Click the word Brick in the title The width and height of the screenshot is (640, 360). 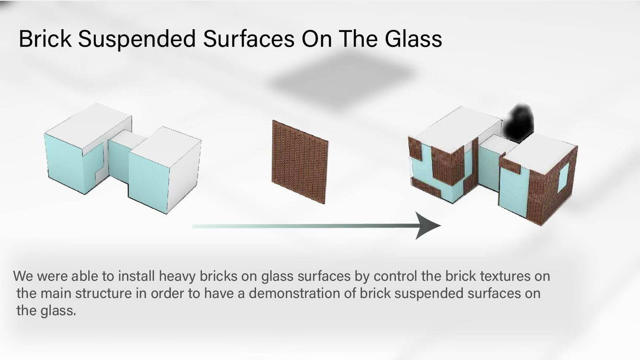[x=45, y=38]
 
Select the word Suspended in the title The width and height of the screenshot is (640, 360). [x=137, y=39]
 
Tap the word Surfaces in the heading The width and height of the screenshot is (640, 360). [x=248, y=38]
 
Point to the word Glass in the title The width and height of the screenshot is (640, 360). [x=413, y=38]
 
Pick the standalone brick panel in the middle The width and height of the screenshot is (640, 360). [x=300, y=162]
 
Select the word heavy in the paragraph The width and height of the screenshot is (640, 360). [x=177, y=277]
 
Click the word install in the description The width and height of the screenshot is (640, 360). [x=137, y=276]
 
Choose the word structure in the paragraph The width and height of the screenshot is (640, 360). [x=103, y=293]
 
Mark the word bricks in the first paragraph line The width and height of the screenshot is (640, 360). [x=218, y=276]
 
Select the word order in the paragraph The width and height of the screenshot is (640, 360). [x=167, y=293]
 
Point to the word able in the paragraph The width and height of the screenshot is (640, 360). [x=83, y=276]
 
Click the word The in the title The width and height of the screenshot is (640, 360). [x=357, y=38]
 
